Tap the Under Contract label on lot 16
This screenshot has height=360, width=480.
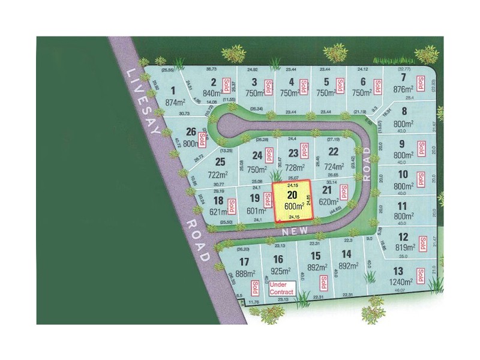(281, 288)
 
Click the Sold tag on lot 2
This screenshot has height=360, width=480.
(227, 85)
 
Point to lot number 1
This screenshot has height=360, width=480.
(173, 91)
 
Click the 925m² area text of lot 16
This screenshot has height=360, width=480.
(278, 272)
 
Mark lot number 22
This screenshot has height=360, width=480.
(334, 152)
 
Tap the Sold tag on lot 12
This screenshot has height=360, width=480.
(422, 242)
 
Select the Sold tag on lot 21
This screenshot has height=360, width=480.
(344, 193)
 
